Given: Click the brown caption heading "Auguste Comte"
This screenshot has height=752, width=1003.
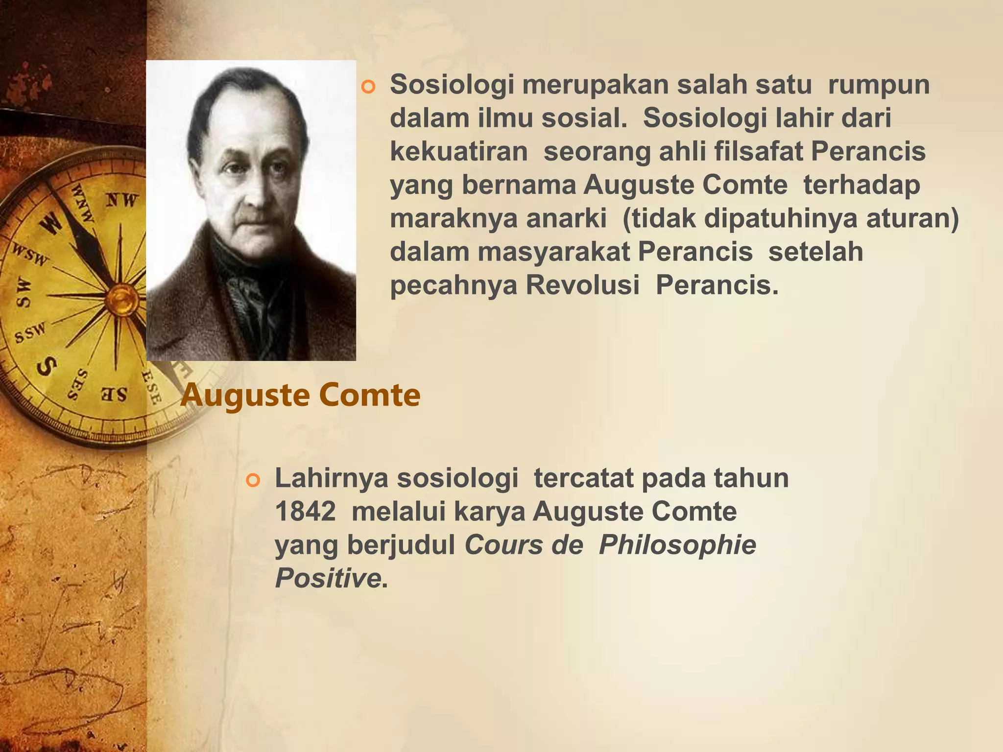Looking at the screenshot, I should pyautogui.click(x=300, y=395).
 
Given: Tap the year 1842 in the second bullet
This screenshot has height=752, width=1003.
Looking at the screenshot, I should pyautogui.click(x=305, y=512).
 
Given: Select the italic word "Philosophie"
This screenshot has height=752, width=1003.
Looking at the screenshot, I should pyautogui.click(x=677, y=545).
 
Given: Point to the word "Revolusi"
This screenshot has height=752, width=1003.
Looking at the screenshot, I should pyautogui.click(x=582, y=285).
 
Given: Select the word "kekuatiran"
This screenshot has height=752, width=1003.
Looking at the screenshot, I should pyautogui.click(x=459, y=152).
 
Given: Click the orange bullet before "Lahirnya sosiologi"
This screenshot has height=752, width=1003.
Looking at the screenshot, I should pyautogui.click(x=252, y=481).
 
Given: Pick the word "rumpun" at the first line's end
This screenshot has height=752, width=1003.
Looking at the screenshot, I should pyautogui.click(x=879, y=85).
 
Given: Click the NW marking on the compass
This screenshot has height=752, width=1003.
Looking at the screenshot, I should pyautogui.click(x=122, y=200).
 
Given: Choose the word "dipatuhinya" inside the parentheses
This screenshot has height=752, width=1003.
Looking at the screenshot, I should pyautogui.click(x=781, y=218).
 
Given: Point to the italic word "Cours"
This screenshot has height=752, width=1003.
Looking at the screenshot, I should pyautogui.click(x=503, y=545).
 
